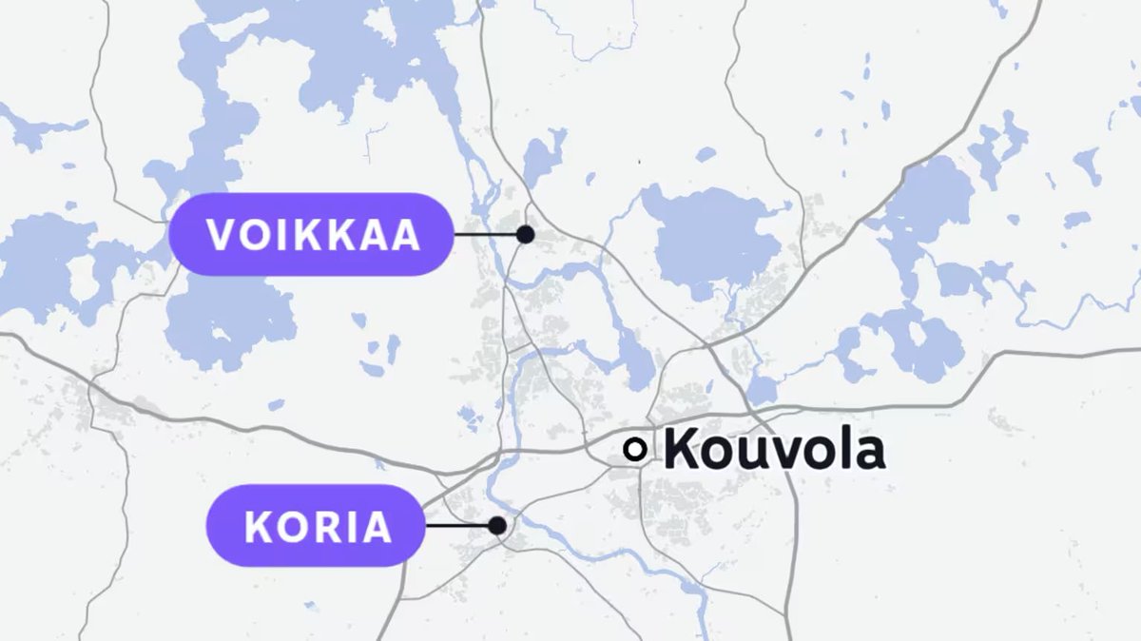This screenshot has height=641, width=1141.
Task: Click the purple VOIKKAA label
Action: tap(310, 235)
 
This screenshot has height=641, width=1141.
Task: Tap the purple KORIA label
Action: tap(318, 526)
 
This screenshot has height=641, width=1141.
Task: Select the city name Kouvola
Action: tap(773, 450)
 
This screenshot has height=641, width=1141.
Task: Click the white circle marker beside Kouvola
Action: tap(634, 450)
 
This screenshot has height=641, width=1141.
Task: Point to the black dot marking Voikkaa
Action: tap(525, 234)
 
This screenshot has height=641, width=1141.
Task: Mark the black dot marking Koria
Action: tap(496, 525)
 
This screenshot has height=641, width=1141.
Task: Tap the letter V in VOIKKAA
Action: tap(222, 235)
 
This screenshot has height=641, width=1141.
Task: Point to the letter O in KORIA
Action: tap(291, 527)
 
